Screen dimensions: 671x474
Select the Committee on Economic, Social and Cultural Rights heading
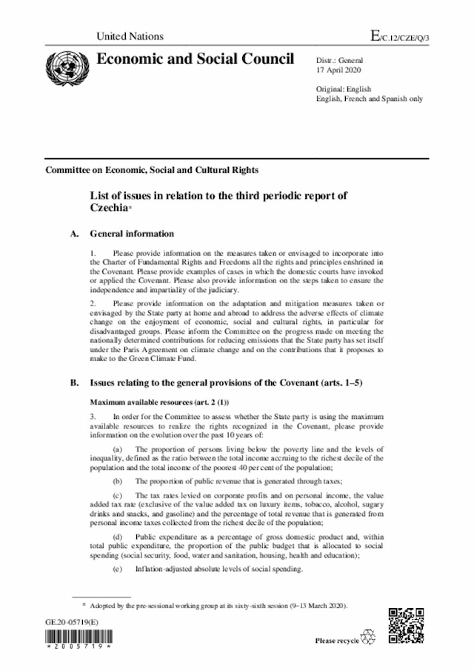(x=152, y=170)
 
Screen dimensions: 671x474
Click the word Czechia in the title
(x=111, y=209)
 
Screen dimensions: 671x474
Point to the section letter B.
(x=74, y=383)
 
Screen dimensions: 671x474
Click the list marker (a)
(x=118, y=449)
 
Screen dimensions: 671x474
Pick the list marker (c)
(x=118, y=495)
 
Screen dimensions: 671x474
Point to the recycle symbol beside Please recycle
(x=368, y=638)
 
